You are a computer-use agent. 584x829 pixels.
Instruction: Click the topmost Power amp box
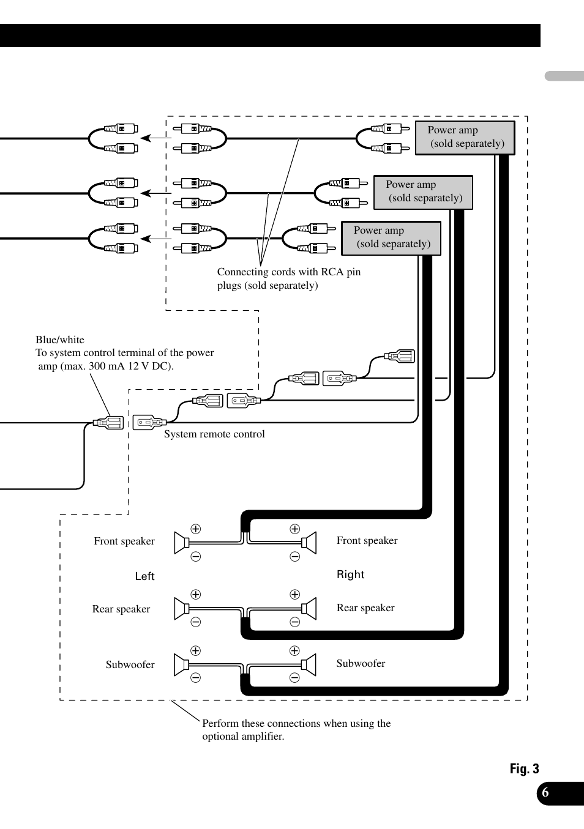[465, 137]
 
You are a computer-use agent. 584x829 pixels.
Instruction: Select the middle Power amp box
[423, 191]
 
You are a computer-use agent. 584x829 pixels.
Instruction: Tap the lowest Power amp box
[391, 237]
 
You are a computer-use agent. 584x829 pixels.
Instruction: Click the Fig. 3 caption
[524, 768]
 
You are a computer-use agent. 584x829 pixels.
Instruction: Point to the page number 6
[545, 793]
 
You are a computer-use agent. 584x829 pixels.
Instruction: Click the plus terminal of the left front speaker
[196, 529]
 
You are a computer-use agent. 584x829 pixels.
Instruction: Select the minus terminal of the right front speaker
[294, 557]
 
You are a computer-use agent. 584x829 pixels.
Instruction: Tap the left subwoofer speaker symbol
[181, 665]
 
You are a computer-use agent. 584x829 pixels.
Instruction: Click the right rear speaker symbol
[309, 609]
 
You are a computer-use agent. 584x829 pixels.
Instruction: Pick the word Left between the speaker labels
[144, 576]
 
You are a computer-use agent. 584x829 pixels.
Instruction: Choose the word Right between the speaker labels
[350, 574]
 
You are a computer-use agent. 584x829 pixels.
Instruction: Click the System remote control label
[214, 434]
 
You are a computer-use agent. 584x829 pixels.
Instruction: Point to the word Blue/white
[60, 340]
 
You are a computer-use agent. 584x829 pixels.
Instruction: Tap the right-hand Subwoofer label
[361, 663]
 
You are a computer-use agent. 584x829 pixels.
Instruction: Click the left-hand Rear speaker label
[121, 609]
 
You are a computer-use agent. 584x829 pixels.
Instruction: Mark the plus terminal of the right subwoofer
[294, 651]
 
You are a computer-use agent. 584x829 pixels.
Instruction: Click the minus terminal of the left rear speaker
[196, 622]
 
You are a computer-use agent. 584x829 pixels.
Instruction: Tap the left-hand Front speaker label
[124, 541]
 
